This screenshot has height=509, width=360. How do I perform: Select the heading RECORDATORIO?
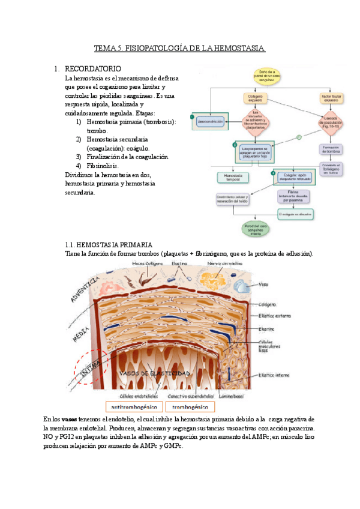(93, 69)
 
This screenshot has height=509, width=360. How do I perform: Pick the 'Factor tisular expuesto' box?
(331, 97)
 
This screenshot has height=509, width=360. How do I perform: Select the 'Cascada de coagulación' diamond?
(331, 121)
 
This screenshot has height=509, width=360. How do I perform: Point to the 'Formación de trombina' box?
(331, 148)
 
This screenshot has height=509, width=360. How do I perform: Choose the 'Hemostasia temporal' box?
(231, 177)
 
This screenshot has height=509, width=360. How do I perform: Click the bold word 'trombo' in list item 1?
(97, 130)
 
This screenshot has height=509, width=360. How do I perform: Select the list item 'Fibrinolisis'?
(103, 166)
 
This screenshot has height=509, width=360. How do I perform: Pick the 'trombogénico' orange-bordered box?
(190, 406)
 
